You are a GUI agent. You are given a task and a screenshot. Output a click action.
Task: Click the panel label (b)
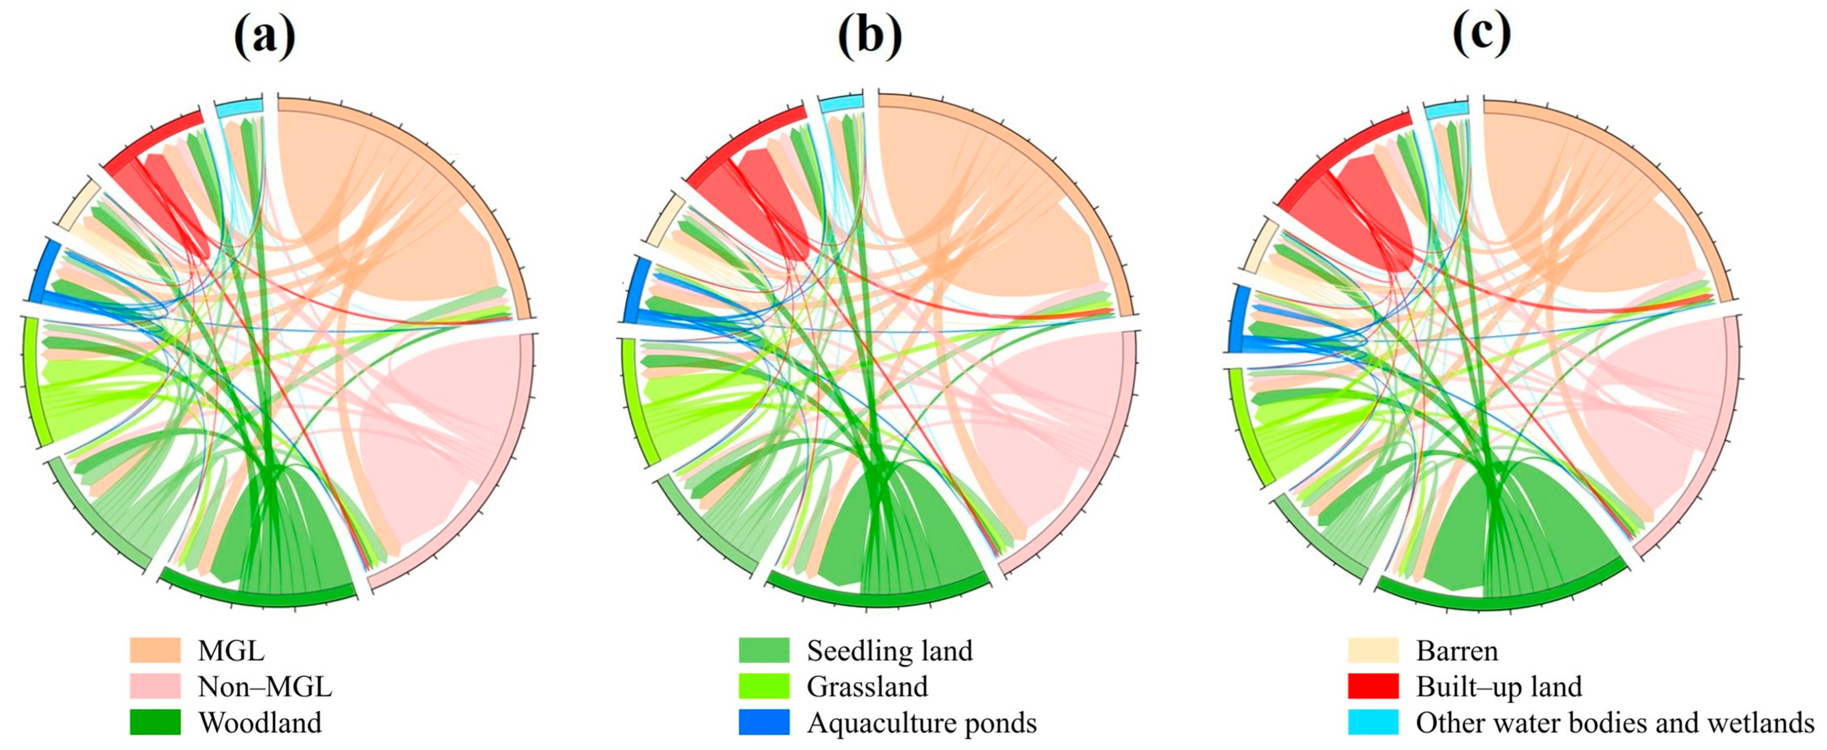pyautogui.click(x=870, y=35)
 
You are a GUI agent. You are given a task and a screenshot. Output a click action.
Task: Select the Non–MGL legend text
pyautogui.click(x=265, y=686)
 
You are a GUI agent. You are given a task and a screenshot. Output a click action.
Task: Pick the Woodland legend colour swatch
pyautogui.click(x=155, y=722)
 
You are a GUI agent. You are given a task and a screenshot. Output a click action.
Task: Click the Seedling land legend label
pyautogui.click(x=889, y=650)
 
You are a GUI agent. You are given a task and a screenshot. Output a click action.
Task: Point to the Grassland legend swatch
pyautogui.click(x=764, y=686)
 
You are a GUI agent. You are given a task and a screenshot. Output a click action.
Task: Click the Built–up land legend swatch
pyautogui.click(x=1373, y=686)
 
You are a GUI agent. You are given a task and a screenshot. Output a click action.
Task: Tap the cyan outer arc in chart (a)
pyautogui.click(x=239, y=108)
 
